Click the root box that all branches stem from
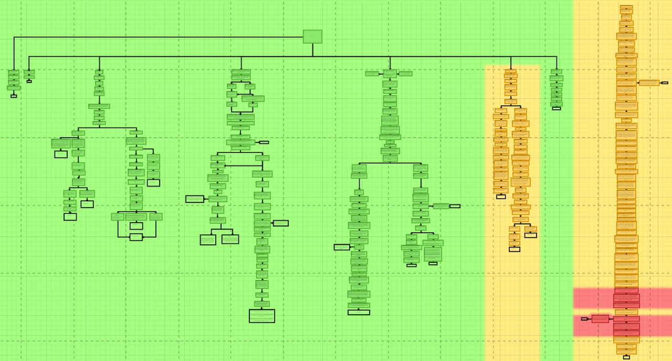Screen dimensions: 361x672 pos(312,36)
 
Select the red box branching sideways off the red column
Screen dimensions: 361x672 pos(600,318)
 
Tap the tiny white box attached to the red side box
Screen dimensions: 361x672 pos(584,318)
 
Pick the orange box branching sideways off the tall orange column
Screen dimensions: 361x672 pos(649,82)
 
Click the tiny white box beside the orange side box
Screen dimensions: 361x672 pos(665,82)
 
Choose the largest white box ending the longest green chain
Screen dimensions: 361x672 pos(262,316)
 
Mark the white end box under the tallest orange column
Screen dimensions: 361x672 pos(626,357)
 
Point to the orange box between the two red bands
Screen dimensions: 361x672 pos(626,312)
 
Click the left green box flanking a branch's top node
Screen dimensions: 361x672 pos(372,74)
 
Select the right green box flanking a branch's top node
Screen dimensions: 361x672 pos(405,74)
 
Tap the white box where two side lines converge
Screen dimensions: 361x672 pos(136,237)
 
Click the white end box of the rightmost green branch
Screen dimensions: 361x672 pos(556,108)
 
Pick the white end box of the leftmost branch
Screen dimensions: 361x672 pos(14,96)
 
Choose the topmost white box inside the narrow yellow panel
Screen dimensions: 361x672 pos(501,197)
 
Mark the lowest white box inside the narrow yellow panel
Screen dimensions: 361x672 pos(514,249)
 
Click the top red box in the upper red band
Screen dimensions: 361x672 pos(626,291)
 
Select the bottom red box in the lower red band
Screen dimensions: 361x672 pos(626,333)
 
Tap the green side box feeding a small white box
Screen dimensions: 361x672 pos(442,206)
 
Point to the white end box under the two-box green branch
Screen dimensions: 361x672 pos(29,81)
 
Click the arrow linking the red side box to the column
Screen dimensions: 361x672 pos(611,318)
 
